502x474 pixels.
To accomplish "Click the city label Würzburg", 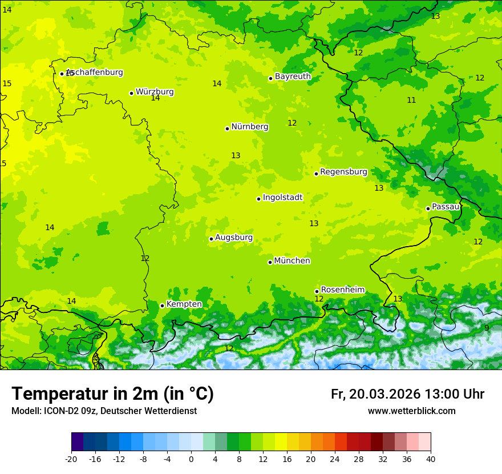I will pos(155,92).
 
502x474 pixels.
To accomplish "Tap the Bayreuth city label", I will pos(293,77).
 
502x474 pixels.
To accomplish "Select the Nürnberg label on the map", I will pos(249,127).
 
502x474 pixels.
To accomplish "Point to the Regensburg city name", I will pos(343,172).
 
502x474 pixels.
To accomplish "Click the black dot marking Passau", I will pos(428,208).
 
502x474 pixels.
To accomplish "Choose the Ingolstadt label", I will pos(282,198).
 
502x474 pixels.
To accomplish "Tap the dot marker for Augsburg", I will pos(211,239).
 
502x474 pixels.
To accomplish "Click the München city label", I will pos(292,261).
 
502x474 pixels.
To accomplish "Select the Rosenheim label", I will pos(342,290).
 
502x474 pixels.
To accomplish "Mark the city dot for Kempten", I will pos(162,306).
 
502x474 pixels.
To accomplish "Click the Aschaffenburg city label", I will pos(95,73).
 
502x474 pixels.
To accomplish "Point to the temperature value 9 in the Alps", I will pos(487,328).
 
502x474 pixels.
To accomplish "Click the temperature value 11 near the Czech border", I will pos(411,101).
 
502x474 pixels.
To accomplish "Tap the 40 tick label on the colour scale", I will pos(431,459).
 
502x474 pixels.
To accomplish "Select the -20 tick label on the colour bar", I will pos(71,459).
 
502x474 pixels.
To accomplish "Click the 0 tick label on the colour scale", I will pos(191,459).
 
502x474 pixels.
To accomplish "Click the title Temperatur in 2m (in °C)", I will pos(112,394).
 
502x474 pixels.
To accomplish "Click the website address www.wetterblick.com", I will pos(411,411).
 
